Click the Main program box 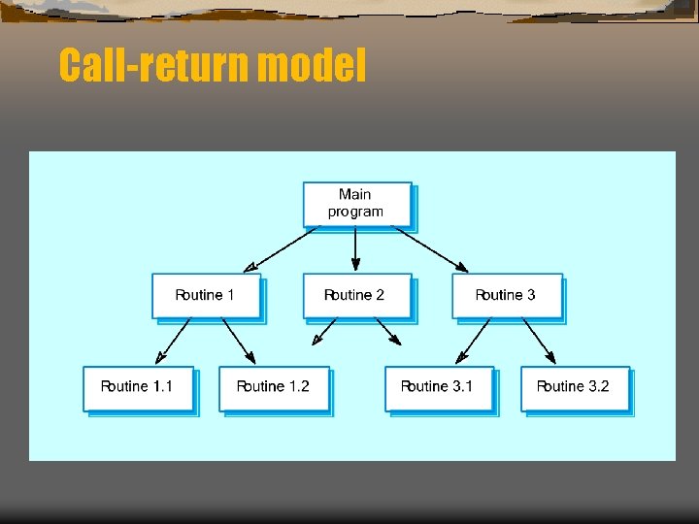[x=356, y=204]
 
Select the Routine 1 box [x=206, y=295]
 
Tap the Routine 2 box [x=355, y=295]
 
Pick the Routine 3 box [x=506, y=295]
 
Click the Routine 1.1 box [x=137, y=387]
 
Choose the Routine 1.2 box [x=273, y=387]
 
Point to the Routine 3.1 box [x=438, y=387]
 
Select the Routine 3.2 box [x=574, y=387]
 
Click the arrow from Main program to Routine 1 [x=283, y=248]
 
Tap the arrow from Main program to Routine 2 [x=355, y=248]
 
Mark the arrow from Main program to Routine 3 [x=430, y=248]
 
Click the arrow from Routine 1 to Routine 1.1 [x=174, y=341]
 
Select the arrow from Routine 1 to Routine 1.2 [x=239, y=341]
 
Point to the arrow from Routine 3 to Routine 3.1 [x=474, y=341]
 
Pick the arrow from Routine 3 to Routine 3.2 [x=539, y=341]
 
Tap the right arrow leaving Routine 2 [x=387, y=333]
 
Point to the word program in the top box [x=355, y=212]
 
